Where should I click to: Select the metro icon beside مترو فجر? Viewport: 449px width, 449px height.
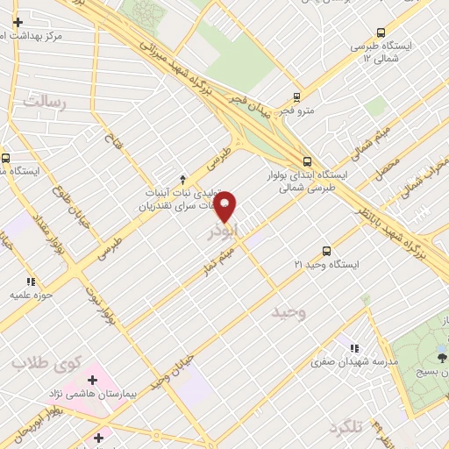pos(297,97)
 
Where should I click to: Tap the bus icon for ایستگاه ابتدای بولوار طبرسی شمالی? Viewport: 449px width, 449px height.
pos(307,161)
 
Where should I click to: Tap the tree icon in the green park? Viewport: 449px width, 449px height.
pos(441,356)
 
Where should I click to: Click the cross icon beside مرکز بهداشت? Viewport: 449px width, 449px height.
pos(18,21)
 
